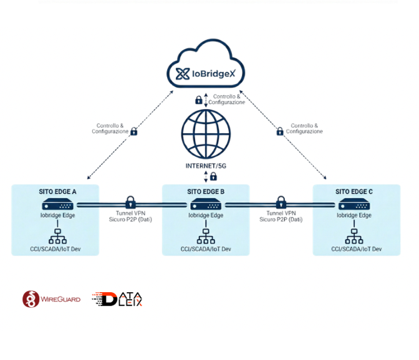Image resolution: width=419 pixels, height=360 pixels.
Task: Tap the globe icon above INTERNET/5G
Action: (x=206, y=135)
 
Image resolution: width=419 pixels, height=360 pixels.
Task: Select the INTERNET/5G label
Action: (x=206, y=166)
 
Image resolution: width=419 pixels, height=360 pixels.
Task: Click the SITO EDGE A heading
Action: (x=57, y=191)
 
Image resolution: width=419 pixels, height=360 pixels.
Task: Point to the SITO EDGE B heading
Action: (x=206, y=191)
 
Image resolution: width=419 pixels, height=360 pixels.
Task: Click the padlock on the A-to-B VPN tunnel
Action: (x=130, y=202)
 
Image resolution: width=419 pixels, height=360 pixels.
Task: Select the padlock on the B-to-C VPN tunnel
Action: (x=281, y=202)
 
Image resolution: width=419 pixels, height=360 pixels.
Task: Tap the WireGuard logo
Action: (x=52, y=299)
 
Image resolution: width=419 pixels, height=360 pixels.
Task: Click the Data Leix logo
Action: (x=118, y=299)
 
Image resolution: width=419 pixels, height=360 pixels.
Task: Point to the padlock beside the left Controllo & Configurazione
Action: (x=133, y=131)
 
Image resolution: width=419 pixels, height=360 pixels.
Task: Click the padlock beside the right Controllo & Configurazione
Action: (x=280, y=131)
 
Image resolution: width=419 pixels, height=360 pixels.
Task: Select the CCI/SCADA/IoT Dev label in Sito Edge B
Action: (x=206, y=249)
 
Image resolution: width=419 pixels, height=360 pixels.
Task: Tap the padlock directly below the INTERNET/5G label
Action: (x=213, y=177)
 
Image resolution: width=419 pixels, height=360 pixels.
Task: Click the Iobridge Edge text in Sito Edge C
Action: (x=354, y=216)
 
